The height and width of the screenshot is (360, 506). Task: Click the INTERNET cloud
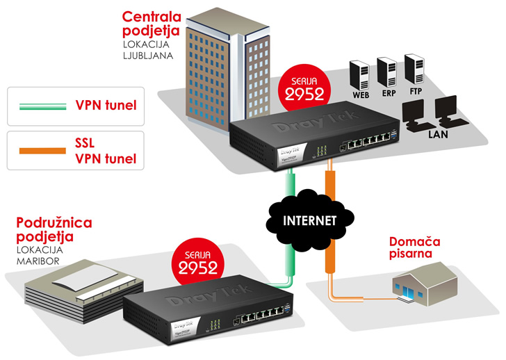point(304,220)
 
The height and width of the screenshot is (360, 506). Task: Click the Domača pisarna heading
point(414,247)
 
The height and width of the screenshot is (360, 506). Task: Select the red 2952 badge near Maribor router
point(196,260)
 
